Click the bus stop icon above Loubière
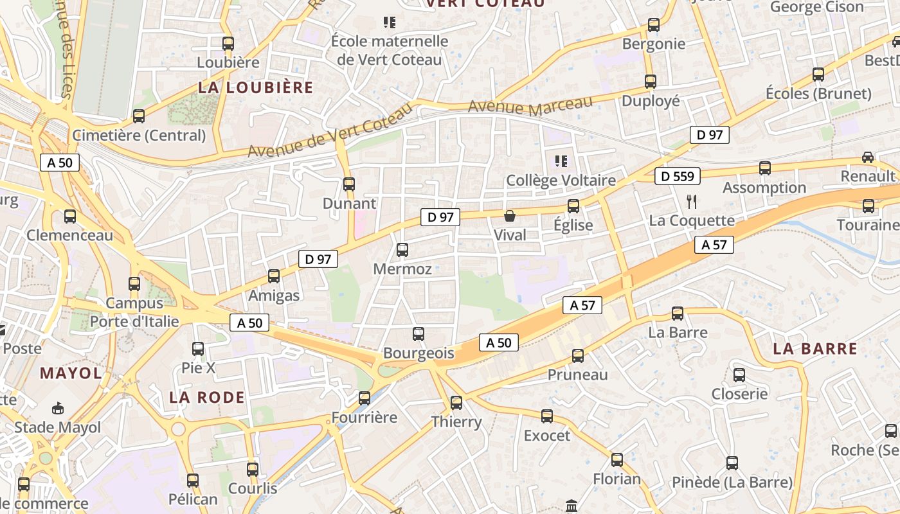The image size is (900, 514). [228, 44]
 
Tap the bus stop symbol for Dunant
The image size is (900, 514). [349, 184]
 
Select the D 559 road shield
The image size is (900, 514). [678, 176]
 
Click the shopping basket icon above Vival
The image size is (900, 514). [510, 216]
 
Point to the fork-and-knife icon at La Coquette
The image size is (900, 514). [692, 201]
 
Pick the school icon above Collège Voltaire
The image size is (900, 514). [561, 161]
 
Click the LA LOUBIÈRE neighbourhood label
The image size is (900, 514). [255, 88]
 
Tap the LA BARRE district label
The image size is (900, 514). [815, 349]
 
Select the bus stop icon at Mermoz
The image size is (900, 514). [402, 250]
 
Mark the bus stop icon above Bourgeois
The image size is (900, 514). [419, 334]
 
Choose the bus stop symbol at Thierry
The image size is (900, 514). [456, 403]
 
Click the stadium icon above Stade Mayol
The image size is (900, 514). [58, 408]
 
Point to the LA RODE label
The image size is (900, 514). [207, 397]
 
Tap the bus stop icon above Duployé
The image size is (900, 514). [651, 82]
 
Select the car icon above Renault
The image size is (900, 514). [868, 157]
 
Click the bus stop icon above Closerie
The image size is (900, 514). [739, 375]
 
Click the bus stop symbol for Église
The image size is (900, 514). [573, 206]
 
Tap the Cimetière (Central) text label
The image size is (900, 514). [139, 136]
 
